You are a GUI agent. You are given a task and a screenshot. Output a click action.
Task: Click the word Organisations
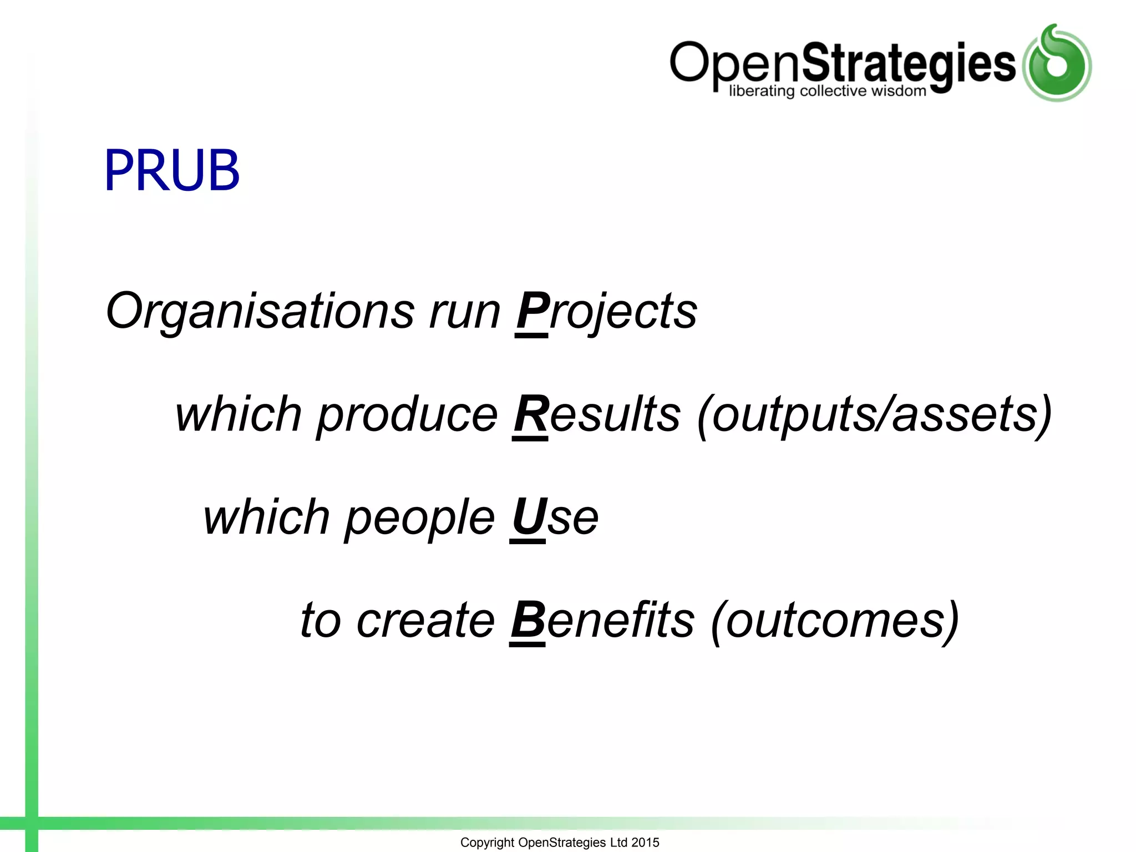point(260,311)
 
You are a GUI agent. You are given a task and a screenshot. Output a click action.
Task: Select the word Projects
point(606,311)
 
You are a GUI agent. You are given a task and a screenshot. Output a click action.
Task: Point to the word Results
point(597,414)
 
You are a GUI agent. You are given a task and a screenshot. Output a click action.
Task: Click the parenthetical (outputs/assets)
point(874,414)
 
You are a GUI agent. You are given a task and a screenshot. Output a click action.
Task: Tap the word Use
point(554,517)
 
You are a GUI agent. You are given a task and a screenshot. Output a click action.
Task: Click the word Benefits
point(602,620)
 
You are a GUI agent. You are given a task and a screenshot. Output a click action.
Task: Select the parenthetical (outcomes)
point(835,620)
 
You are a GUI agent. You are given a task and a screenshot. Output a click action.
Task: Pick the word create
point(425,620)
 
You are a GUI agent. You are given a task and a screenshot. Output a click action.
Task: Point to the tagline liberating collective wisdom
point(827,91)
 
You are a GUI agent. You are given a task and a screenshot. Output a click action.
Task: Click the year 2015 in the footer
point(645,843)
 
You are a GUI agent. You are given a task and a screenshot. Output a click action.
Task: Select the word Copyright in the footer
point(487,843)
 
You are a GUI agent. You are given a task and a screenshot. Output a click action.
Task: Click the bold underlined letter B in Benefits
point(528,620)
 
